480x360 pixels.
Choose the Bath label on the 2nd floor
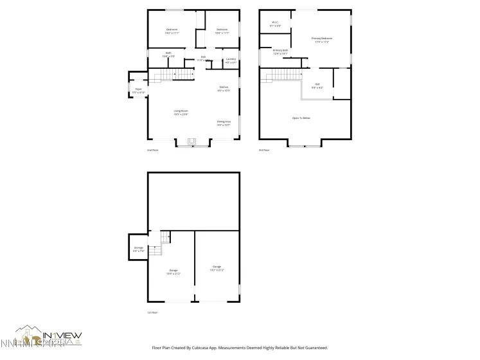[x=168, y=55]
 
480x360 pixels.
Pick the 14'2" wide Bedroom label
[x=172, y=31]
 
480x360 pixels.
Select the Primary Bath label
[x=281, y=51]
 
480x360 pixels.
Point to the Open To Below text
[x=301, y=118]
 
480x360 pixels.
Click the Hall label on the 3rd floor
[x=317, y=85]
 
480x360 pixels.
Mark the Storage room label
[x=138, y=248]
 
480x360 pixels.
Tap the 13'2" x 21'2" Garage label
[x=217, y=268]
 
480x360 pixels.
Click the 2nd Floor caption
[x=153, y=150]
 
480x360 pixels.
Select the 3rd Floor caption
[x=264, y=150]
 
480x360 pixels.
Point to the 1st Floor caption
[x=153, y=312]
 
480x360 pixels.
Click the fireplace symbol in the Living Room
[x=191, y=141]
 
